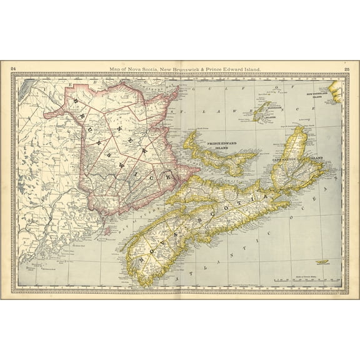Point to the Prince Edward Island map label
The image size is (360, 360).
pos(224,136)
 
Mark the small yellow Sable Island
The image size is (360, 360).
pos(324,262)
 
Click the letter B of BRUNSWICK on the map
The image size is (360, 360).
pos(77,99)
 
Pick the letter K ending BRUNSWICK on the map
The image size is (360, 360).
pos(169,179)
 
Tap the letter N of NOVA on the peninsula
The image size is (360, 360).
pos(146,256)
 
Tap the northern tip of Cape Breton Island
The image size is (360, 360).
pos(302,127)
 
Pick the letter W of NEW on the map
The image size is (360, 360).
pos(142,150)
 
